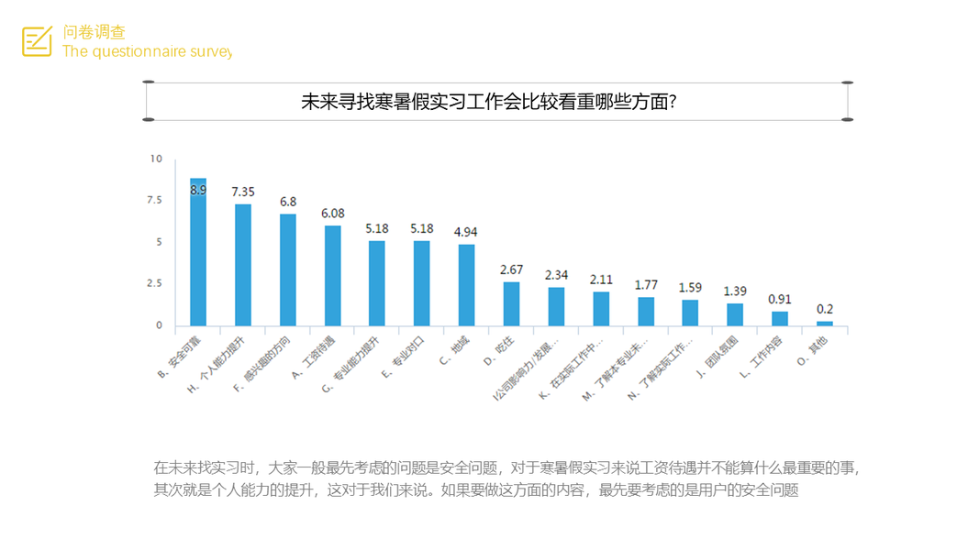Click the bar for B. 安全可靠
point(198,252)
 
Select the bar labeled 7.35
point(243,265)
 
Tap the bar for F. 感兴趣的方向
point(288,269)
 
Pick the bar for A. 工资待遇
point(332,276)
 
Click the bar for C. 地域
point(466,285)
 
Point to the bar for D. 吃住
point(511,303)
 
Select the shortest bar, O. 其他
point(825,323)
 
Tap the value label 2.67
point(511,269)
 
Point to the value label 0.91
point(780,298)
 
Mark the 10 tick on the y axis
point(156,159)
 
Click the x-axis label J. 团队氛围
point(720,355)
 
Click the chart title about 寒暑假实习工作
point(489,102)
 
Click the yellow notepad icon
point(37,41)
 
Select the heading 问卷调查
point(94,33)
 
